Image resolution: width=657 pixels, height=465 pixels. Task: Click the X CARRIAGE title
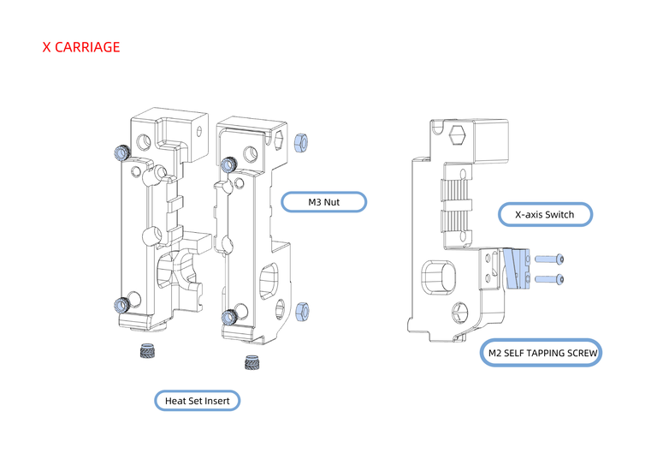81,47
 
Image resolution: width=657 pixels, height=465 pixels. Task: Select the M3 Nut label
324,202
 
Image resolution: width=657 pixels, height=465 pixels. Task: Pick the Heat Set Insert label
198,400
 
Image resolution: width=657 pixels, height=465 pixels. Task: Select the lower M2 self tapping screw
549,278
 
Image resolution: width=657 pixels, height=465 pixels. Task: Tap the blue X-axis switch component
516,268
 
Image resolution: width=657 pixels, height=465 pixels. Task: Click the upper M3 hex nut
301,142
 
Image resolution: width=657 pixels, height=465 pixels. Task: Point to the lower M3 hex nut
301,310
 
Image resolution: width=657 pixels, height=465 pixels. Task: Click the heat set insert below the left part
148,352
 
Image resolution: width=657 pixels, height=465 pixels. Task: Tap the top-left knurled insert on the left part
121,152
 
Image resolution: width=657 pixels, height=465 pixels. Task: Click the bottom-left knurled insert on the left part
121,303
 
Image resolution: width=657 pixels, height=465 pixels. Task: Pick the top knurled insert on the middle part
228,164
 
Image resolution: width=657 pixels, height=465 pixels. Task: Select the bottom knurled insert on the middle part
228,317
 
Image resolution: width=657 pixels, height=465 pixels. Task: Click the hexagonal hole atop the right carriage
458,134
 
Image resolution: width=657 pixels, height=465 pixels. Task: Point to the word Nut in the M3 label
333,202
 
